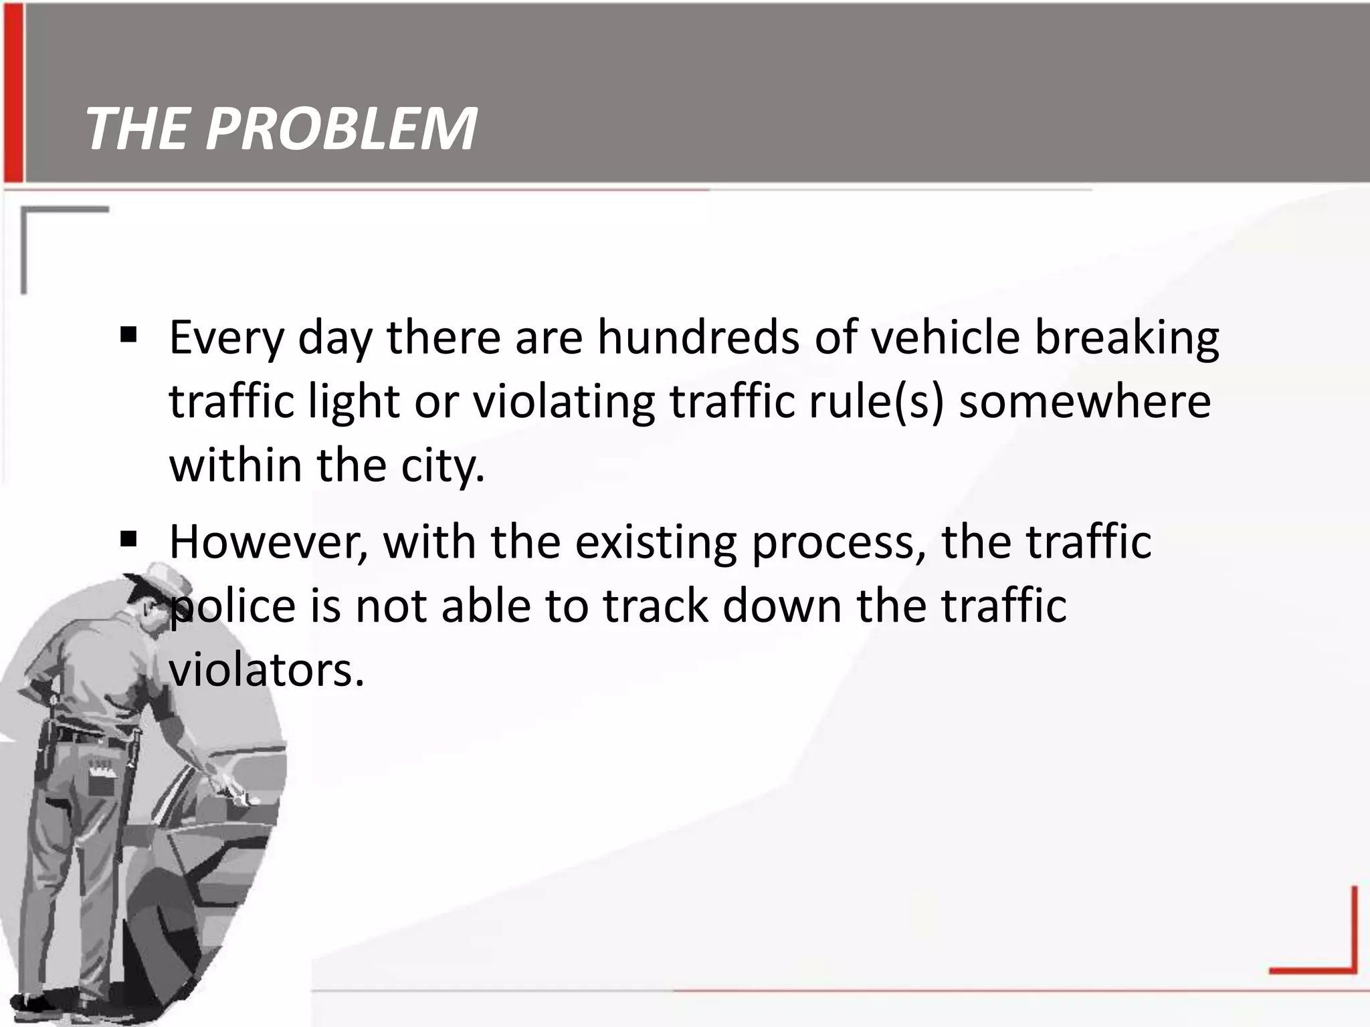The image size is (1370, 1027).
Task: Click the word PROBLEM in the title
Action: tap(341, 128)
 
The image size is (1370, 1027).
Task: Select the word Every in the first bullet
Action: tap(227, 338)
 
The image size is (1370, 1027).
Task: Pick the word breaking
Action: tap(1127, 338)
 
